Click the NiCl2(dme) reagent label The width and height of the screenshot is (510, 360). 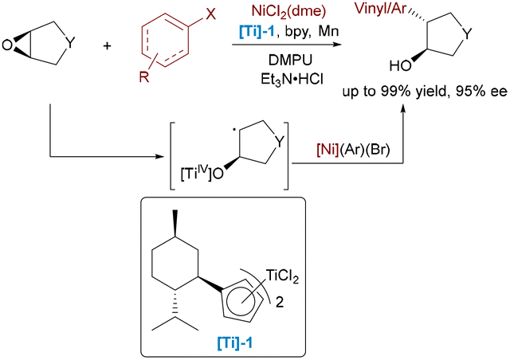pos(288,12)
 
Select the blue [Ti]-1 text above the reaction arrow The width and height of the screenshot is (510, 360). pos(257,32)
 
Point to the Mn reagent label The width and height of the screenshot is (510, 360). pos(328,32)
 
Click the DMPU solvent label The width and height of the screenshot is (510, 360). pos(290,61)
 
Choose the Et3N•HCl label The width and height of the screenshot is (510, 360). pos(292,80)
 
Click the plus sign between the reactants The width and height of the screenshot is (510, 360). pos(107,45)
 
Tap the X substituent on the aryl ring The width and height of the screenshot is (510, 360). pos(210,14)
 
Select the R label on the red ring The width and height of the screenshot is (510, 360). pos(144,76)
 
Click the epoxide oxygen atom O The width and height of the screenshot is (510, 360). pos(7,45)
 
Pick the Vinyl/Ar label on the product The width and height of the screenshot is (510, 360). pos(381,9)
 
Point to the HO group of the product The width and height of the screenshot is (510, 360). pos(400,66)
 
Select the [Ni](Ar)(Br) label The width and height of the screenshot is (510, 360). pos(353,150)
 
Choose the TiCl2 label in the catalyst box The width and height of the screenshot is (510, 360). pos(282,276)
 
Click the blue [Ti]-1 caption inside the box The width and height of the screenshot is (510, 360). pos(234,342)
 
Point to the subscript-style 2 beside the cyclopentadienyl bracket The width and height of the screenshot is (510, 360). pos(280,303)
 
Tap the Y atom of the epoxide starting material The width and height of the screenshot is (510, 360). pos(70,42)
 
